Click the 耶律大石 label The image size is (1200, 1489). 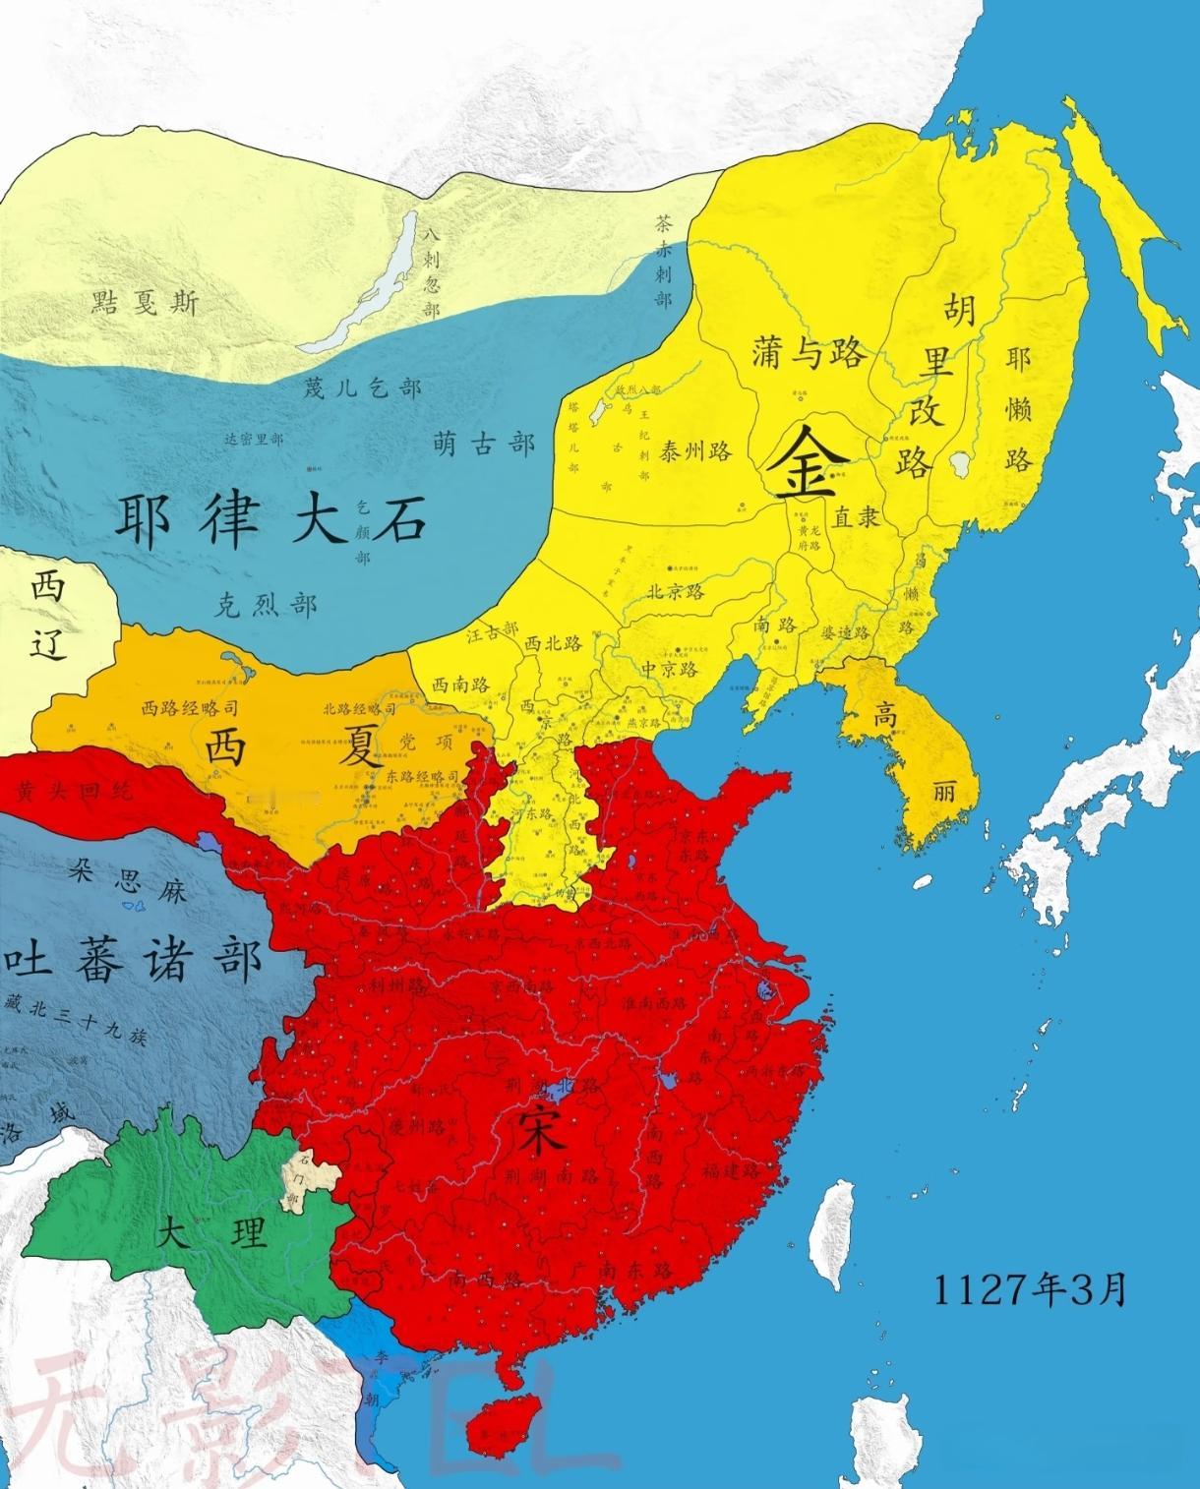270,519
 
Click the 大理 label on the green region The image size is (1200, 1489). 210,1233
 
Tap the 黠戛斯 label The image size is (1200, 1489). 144,302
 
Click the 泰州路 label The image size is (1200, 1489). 696,451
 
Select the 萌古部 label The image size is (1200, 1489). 483,445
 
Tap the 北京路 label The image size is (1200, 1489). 675,591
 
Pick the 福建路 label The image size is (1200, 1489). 731,1170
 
